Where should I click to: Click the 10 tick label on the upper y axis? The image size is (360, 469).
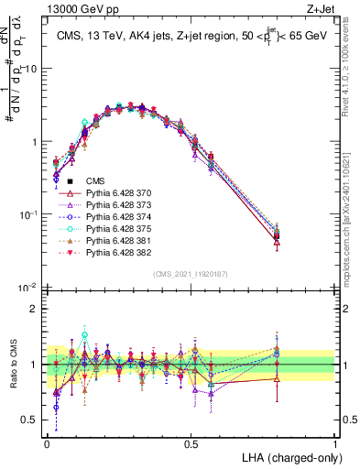coord(31,69)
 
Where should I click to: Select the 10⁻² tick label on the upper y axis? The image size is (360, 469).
coord(27,287)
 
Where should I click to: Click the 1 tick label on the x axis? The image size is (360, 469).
coord(335,442)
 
